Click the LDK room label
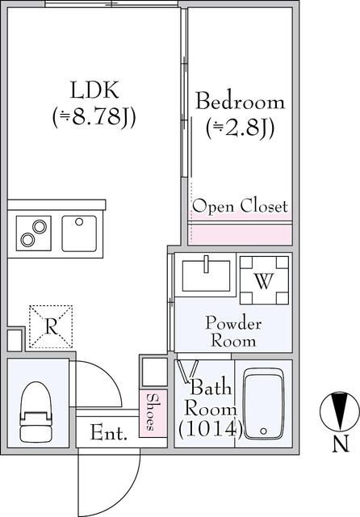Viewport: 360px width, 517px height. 94,90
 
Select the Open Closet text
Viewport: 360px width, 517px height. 240,206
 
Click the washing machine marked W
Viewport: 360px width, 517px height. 265,280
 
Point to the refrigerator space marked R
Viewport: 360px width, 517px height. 51,326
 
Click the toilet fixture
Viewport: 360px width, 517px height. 36,412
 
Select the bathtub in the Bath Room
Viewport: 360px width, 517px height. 263,404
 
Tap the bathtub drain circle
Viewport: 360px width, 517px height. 263,431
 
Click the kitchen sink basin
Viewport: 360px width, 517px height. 79,233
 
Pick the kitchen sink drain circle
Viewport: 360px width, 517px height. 79,221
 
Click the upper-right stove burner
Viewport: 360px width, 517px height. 40,227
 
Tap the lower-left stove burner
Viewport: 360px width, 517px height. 27,240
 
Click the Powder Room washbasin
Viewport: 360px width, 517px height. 206,275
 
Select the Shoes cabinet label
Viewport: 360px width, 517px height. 151,412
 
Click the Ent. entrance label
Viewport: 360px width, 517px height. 109,433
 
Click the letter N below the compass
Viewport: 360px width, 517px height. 340,443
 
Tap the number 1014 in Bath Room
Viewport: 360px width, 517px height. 211,429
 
